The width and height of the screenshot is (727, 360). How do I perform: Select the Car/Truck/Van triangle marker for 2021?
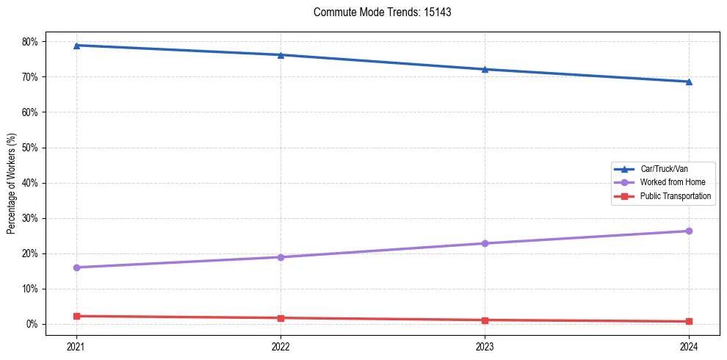[x=76, y=46]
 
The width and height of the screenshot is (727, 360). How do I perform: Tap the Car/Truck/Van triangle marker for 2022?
[x=281, y=55]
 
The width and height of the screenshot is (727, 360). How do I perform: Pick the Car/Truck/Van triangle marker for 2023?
[x=485, y=69]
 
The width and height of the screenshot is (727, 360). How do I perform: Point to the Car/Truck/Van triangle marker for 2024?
[x=689, y=82]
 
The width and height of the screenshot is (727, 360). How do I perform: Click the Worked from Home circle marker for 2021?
[x=76, y=267]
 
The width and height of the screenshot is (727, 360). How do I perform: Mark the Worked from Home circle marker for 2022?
[x=281, y=257]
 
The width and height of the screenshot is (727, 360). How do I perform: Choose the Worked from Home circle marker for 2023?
[x=485, y=243]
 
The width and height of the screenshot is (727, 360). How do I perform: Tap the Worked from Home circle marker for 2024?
[x=689, y=231]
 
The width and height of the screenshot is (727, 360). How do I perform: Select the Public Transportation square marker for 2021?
[x=76, y=316]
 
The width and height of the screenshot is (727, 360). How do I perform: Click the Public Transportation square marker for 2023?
[x=485, y=320]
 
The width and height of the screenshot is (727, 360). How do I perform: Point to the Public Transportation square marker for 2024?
[x=689, y=321]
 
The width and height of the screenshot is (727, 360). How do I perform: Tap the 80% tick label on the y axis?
[x=32, y=42]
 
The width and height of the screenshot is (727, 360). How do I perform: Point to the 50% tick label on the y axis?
[x=32, y=148]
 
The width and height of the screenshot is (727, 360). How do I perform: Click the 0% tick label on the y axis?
[x=34, y=324]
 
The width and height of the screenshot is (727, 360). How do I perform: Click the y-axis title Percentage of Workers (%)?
[x=11, y=183]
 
